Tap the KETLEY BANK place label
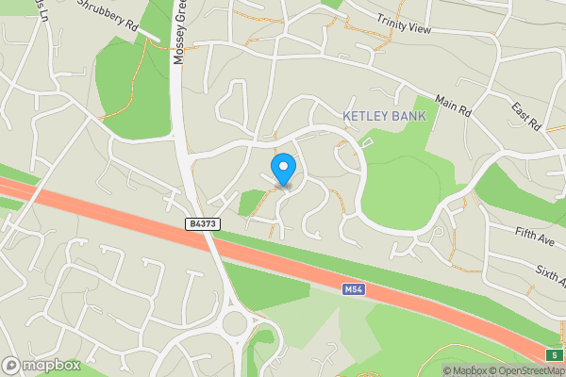pos(384,116)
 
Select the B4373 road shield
pos(203,224)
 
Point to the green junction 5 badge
pos(556,354)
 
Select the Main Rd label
pos(452,106)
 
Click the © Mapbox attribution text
pos(465,370)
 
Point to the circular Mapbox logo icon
pos(11,366)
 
